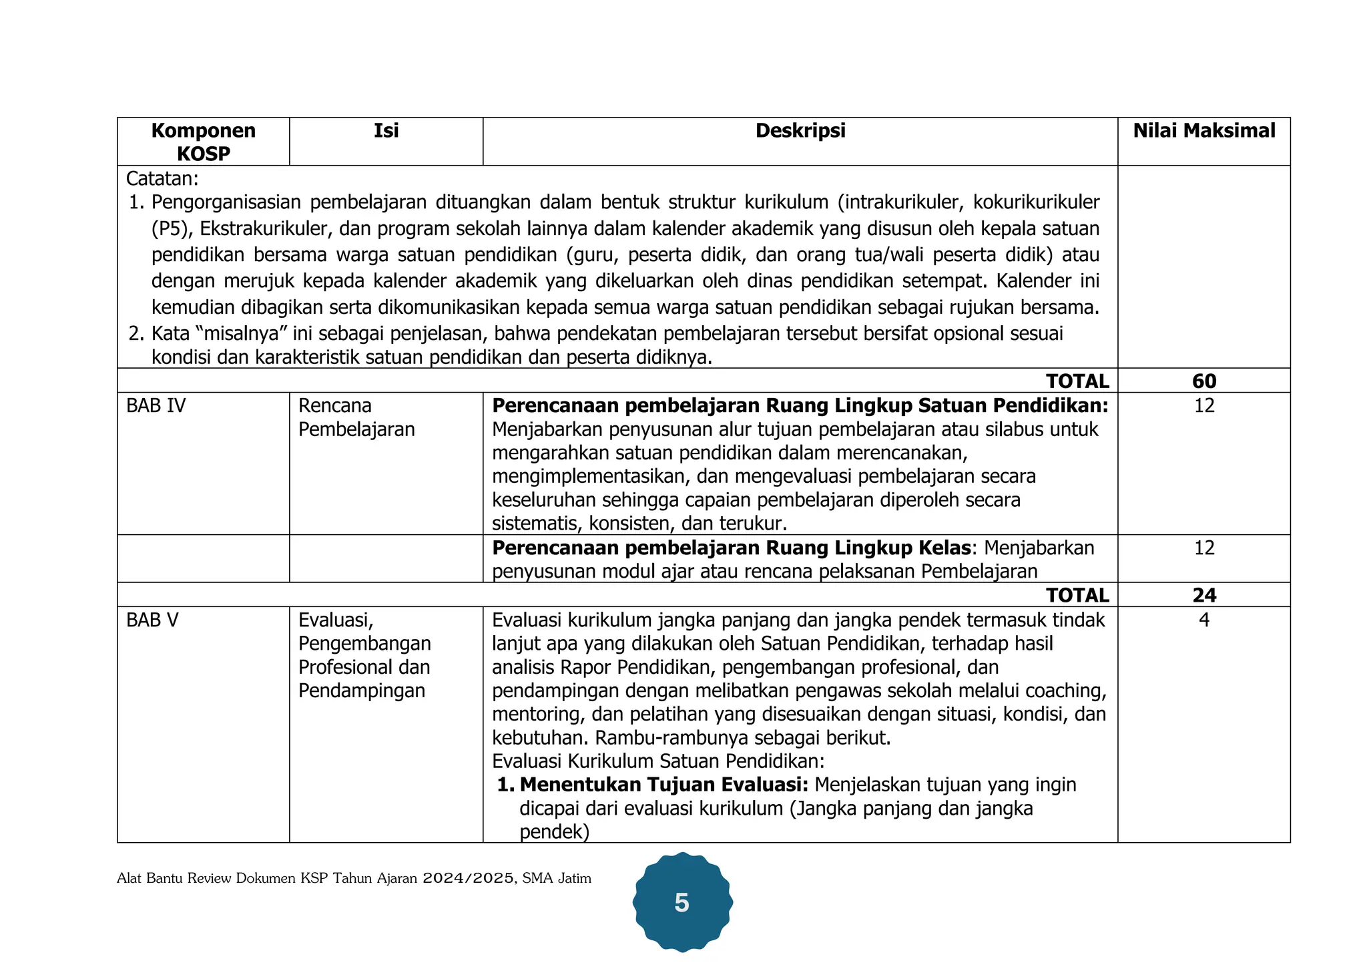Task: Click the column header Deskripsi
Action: coord(800,131)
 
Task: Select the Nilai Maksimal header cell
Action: coord(1203,131)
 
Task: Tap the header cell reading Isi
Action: coord(386,131)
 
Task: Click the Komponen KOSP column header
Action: coord(203,142)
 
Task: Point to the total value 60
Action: coord(1203,381)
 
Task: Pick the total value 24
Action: coord(1203,595)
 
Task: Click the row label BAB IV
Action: coord(156,406)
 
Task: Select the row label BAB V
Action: coord(152,620)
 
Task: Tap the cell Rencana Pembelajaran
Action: coord(356,417)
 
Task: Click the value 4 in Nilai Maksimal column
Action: coord(1203,620)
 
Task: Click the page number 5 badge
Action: coord(681,903)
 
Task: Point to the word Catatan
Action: coord(162,179)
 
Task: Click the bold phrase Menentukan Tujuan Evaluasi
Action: coord(663,785)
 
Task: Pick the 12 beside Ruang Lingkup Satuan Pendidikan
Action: coord(1203,406)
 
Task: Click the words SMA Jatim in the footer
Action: coord(557,878)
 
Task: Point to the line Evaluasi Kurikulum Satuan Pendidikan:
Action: coord(658,761)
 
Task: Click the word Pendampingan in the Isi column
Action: coord(361,691)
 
